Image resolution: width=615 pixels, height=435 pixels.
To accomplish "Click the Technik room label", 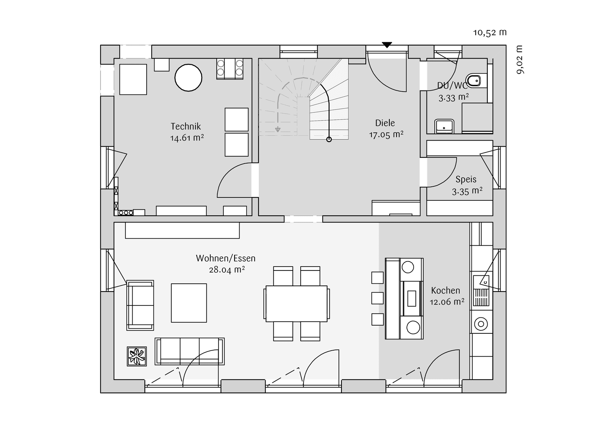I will (x=186, y=126).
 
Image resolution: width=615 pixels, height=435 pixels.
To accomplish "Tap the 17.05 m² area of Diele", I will (x=386, y=135).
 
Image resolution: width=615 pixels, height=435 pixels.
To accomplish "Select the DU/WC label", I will (x=452, y=86).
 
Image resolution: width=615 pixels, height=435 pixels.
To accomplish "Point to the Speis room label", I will (x=466, y=179).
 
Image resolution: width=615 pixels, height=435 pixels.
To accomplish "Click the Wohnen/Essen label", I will (x=226, y=258).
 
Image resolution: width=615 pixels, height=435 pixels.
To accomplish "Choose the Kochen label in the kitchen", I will (x=446, y=290).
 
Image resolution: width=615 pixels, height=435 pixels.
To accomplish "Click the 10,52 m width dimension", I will (x=490, y=33).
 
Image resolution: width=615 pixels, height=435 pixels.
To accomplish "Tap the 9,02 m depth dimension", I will (x=520, y=60).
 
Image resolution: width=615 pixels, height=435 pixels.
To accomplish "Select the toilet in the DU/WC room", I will (x=475, y=81).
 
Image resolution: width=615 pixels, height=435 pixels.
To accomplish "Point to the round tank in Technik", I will (x=188, y=78).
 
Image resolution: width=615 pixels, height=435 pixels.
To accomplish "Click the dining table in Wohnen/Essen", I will (x=296, y=303).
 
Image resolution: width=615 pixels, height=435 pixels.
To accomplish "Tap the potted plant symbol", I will (x=137, y=356).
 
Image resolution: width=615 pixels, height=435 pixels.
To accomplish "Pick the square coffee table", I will (x=189, y=303).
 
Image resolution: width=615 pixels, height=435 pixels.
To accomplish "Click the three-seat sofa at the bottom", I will (x=190, y=351).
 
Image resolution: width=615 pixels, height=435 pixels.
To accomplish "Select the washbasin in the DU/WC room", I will (x=444, y=126).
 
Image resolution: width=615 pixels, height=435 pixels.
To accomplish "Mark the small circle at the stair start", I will (x=329, y=140).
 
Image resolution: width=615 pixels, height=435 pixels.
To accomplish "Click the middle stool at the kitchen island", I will (x=378, y=298).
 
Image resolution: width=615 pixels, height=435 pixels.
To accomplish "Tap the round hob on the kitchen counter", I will (x=481, y=324).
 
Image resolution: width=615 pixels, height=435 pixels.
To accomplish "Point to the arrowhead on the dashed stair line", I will (x=278, y=129).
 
